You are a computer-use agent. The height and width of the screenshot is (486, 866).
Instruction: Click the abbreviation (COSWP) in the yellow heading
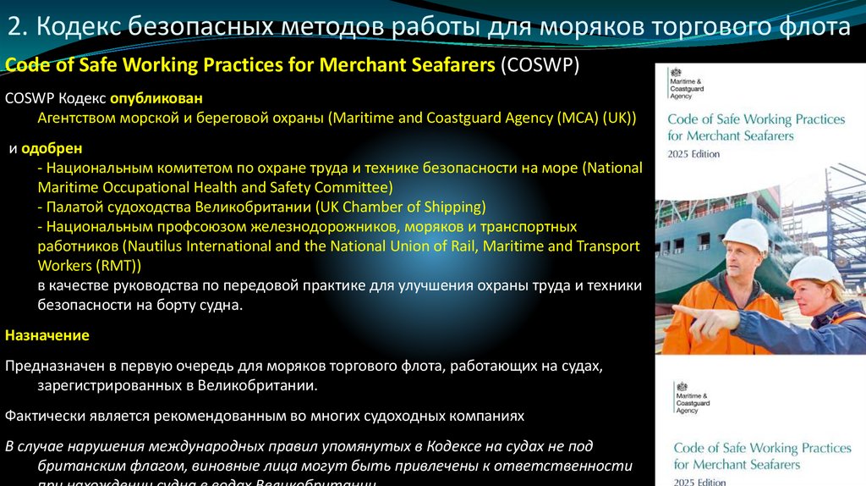(540, 66)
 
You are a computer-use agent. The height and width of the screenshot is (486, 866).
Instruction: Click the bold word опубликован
(161, 99)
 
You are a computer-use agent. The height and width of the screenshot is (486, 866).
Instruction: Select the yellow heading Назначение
(47, 335)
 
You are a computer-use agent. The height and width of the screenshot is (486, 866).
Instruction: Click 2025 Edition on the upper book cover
(693, 154)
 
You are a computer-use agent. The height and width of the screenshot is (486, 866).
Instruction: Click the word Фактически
(40, 416)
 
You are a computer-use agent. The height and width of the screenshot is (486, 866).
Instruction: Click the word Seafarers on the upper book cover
(765, 135)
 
